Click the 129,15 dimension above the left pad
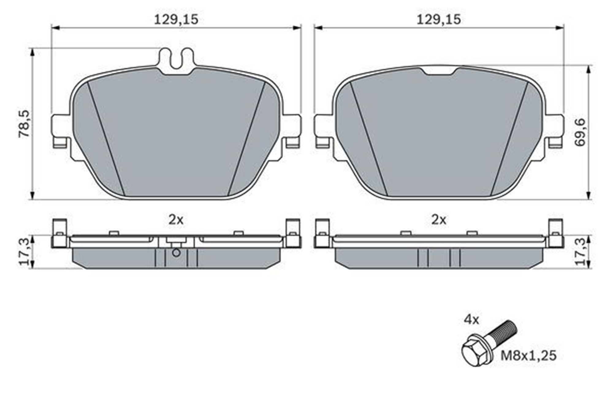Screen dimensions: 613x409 [x=176, y=20]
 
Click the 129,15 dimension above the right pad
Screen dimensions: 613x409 [x=439, y=20]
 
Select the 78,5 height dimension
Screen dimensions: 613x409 [x=24, y=124]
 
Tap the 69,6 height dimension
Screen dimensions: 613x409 [x=580, y=132]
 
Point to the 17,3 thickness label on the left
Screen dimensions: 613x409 [x=25, y=252]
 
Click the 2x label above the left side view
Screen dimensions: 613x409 [x=176, y=220]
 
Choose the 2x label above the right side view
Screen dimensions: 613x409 [x=439, y=220]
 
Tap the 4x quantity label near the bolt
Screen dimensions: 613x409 [x=471, y=320]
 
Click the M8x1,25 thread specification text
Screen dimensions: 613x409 [x=528, y=356]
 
